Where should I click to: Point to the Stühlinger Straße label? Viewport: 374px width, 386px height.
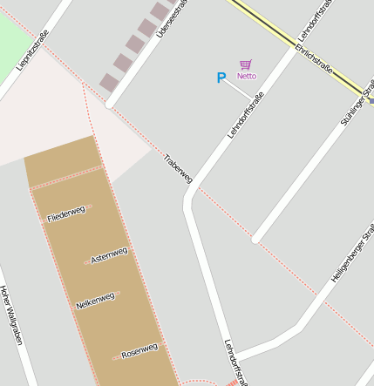click(x=357, y=103)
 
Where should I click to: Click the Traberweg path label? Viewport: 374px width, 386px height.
click(x=177, y=167)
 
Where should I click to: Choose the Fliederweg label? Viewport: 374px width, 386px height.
click(x=67, y=213)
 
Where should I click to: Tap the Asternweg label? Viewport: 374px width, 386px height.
click(x=109, y=255)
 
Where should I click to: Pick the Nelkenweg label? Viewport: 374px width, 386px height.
click(x=95, y=301)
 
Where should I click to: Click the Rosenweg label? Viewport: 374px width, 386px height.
click(x=139, y=351)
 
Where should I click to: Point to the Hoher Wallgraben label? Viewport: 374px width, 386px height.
click(x=10, y=315)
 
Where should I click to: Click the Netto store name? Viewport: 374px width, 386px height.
click(x=247, y=77)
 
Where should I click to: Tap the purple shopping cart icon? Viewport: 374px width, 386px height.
click(x=247, y=64)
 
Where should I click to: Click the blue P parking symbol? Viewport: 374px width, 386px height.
click(x=221, y=78)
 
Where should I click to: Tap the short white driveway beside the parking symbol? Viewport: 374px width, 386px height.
click(x=238, y=89)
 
